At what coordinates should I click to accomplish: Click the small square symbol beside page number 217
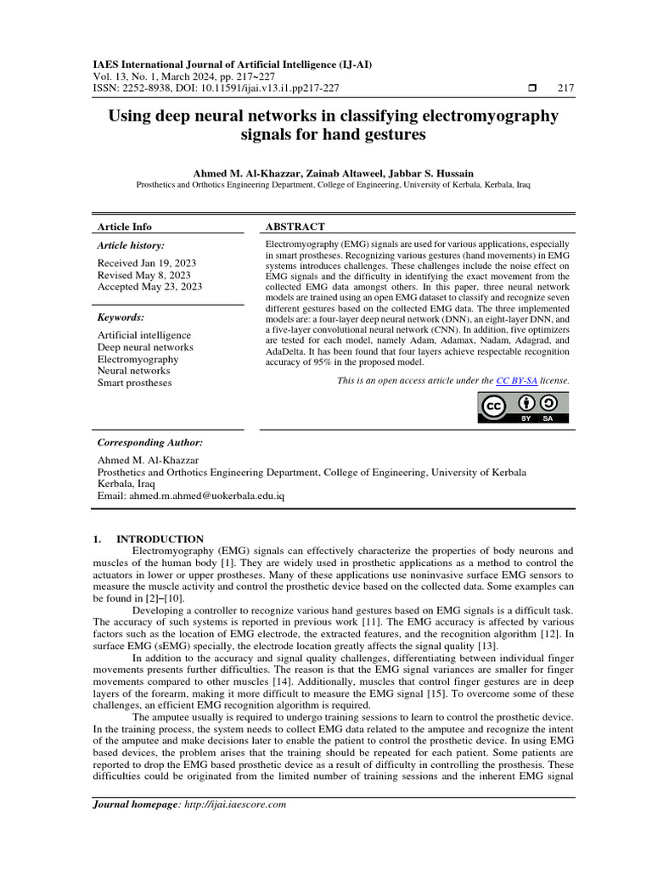coord(532,88)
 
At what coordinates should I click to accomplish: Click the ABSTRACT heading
coord(295,227)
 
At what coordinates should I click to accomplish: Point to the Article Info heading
coord(125,227)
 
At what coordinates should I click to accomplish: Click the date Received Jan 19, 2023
coord(146,263)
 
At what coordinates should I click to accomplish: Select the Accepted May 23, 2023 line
coord(149,287)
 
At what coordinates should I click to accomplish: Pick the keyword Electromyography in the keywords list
coord(138,359)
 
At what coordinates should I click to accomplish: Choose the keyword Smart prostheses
coord(134,383)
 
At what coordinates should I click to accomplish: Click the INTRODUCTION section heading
coord(160,539)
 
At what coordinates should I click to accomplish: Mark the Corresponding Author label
coord(150,442)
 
